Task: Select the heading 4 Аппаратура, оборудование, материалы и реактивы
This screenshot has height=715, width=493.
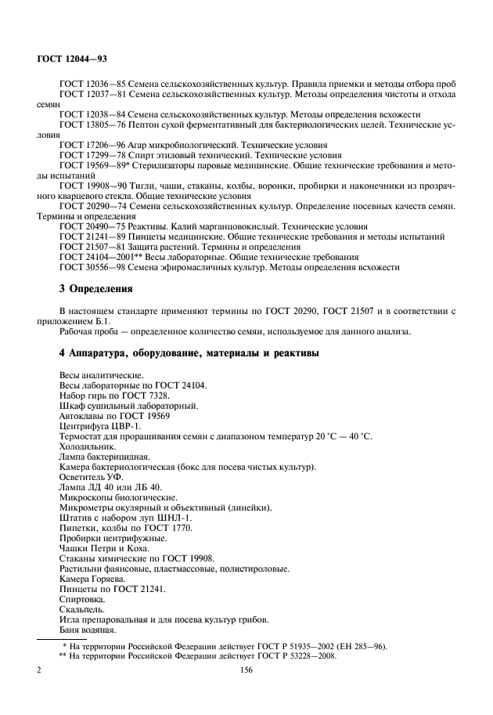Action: [189, 353]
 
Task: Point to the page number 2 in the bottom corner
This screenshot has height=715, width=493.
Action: [39, 670]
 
